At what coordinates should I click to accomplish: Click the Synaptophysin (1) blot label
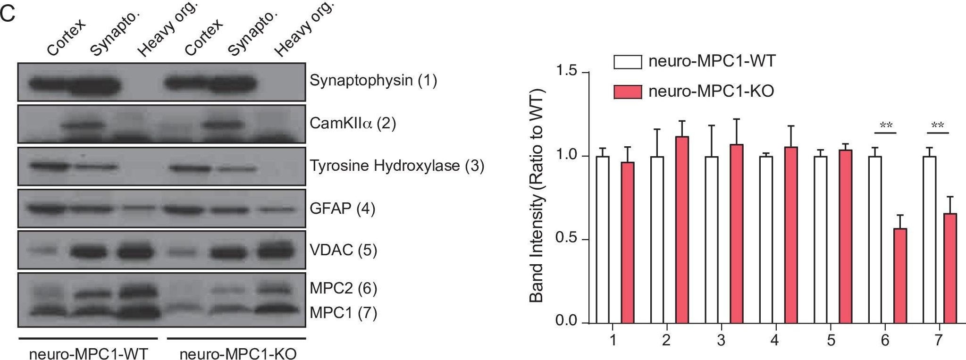coord(373,81)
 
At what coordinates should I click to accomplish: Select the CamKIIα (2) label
coord(352,123)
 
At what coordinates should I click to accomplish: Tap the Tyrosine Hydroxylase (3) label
coord(396,166)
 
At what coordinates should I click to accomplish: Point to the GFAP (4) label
coord(342,208)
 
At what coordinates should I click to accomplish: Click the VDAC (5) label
coord(343,250)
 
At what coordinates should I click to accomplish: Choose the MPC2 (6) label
coord(343,288)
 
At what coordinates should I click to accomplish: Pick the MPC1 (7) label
coord(343,313)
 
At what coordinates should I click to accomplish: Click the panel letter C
coord(8,14)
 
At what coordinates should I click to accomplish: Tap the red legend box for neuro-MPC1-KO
coord(627,92)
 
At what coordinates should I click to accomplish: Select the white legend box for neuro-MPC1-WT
coord(627,62)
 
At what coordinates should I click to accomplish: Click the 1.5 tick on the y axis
coord(566,71)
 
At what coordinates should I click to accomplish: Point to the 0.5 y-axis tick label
coord(566,239)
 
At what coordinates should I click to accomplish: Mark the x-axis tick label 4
coord(774,340)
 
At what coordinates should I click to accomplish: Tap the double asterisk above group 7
coord(938,126)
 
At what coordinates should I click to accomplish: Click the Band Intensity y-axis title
coord(537,196)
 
